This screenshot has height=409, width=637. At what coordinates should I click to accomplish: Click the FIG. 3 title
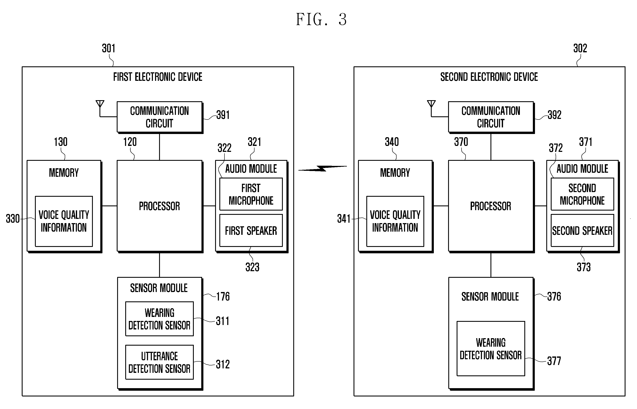click(321, 19)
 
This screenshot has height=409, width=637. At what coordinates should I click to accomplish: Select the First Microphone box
click(251, 194)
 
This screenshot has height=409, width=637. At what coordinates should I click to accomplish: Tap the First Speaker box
click(251, 231)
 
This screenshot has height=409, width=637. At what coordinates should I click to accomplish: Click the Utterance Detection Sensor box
click(159, 362)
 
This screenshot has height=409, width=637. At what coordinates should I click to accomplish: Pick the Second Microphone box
click(582, 194)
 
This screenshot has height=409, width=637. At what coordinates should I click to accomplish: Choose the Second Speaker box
click(582, 231)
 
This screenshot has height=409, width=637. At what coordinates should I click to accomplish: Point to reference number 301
click(108, 48)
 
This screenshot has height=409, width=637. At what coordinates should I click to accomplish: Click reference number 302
click(580, 48)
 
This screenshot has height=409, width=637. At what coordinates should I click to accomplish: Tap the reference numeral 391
click(223, 115)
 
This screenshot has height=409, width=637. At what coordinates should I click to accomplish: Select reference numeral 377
click(554, 361)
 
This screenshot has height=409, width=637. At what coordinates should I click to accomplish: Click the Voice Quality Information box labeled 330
click(64, 221)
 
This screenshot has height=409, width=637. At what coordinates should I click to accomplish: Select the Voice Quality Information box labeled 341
click(395, 221)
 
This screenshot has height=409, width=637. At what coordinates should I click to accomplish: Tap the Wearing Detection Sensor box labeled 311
click(159, 319)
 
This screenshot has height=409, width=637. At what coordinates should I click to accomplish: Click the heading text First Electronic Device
click(158, 77)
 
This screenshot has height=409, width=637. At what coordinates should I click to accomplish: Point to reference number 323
click(252, 267)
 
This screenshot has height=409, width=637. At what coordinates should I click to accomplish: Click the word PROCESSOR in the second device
click(490, 206)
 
